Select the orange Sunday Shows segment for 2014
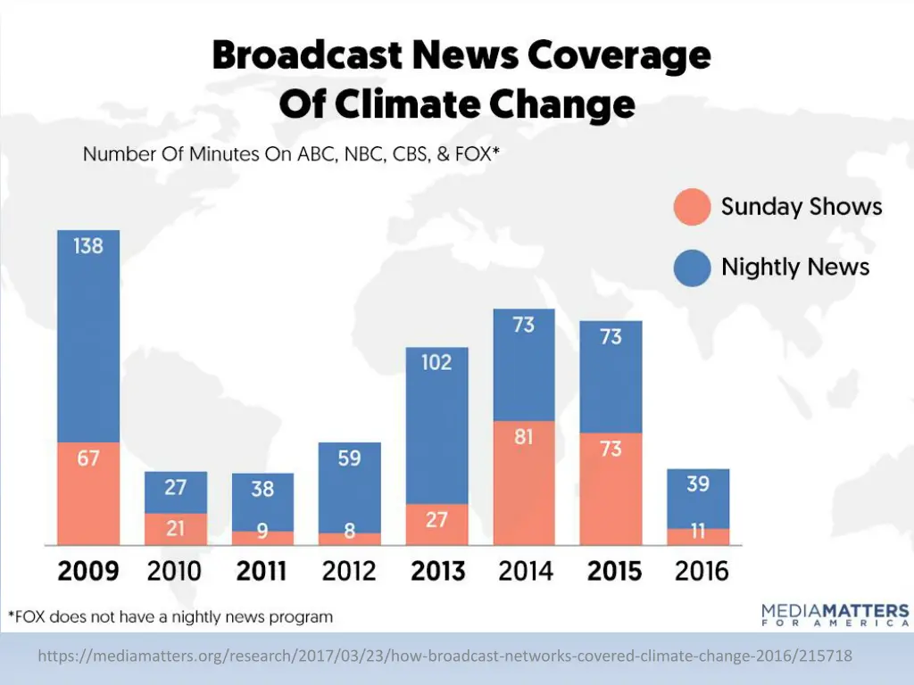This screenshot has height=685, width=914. pyautogui.click(x=524, y=482)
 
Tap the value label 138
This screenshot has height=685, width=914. pyautogui.click(x=88, y=245)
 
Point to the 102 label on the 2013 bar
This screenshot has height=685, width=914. pyautogui.click(x=436, y=363)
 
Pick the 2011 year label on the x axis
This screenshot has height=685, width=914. pyautogui.click(x=262, y=571)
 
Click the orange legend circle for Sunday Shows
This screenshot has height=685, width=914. pyautogui.click(x=692, y=207)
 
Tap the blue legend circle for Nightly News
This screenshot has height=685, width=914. pyautogui.click(x=692, y=267)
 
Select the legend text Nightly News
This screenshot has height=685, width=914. pyautogui.click(x=795, y=267)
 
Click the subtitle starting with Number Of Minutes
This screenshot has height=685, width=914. pyautogui.click(x=291, y=154)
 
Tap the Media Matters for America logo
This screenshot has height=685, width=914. pyautogui.click(x=835, y=616)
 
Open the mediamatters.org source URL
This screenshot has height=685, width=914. pyautogui.click(x=445, y=656)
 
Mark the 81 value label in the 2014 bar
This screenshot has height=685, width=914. pyautogui.click(x=524, y=439)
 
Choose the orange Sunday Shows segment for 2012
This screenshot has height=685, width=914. pyautogui.click(x=349, y=539)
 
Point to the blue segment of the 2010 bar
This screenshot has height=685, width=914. pyautogui.click(x=176, y=492)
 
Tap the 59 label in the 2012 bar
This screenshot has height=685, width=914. pyautogui.click(x=349, y=458)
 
